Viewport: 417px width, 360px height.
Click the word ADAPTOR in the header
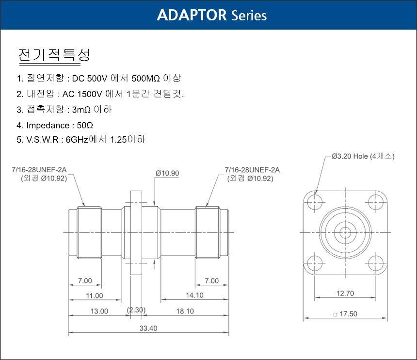coord(192,15)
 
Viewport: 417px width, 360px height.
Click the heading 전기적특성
coord(54,54)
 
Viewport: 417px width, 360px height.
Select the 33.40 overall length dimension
coord(148,328)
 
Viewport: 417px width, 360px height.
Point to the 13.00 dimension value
coord(99,311)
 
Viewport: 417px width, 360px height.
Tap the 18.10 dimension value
coord(185,311)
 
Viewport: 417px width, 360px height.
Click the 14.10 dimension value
coord(194,295)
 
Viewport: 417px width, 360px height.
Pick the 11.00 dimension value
coord(95,295)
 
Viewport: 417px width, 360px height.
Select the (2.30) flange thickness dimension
coord(136,310)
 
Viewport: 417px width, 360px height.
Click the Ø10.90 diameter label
coord(167,173)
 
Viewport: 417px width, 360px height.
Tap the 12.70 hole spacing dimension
coord(345,293)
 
